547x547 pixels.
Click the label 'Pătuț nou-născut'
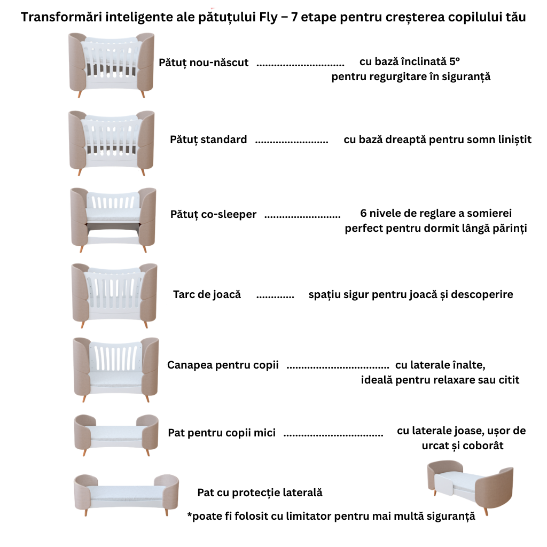(x=204, y=62)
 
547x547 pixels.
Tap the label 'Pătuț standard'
(x=208, y=140)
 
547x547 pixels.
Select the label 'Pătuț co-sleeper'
(x=213, y=215)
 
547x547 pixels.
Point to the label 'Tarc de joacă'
(x=207, y=294)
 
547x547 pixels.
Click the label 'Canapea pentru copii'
(x=223, y=365)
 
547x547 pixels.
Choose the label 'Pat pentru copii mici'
(x=222, y=433)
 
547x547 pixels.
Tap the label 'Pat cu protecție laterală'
(x=260, y=493)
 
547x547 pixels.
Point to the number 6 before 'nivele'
(x=364, y=214)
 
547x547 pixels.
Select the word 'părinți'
(x=508, y=229)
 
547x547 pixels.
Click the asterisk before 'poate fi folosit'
(x=190, y=516)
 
